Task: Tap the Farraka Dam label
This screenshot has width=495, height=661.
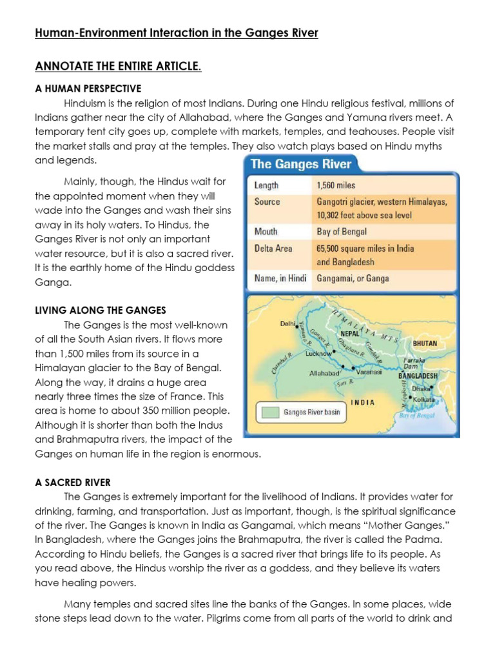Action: tap(414, 361)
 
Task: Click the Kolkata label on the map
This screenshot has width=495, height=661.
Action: tap(425, 400)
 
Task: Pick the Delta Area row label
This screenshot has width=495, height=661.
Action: tap(273, 248)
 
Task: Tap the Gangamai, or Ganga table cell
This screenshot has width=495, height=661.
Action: tap(353, 279)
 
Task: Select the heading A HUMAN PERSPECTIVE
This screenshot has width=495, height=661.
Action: tap(88, 88)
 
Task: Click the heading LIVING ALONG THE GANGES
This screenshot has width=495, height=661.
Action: tap(100, 310)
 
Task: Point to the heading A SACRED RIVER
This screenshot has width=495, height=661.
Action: tap(72, 482)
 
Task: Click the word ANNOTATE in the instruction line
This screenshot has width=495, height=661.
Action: tap(64, 67)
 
